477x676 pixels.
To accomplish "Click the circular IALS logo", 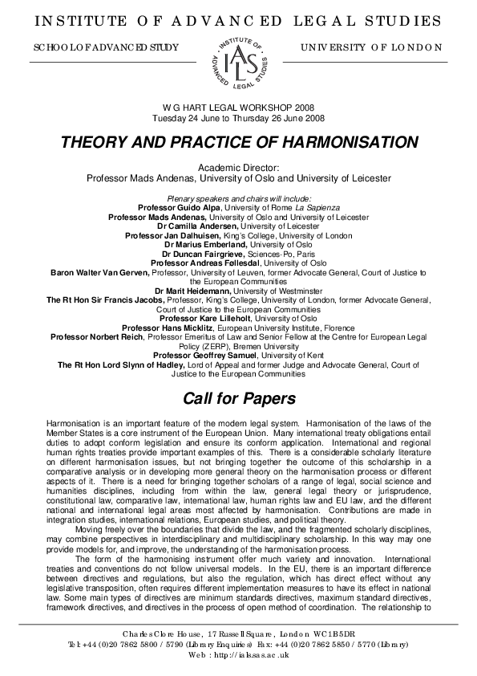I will tap(238, 61).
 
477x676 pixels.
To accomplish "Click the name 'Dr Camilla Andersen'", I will tap(192, 226).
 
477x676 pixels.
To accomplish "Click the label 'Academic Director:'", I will tap(238, 167).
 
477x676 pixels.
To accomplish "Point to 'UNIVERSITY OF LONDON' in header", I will tap(371, 47).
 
